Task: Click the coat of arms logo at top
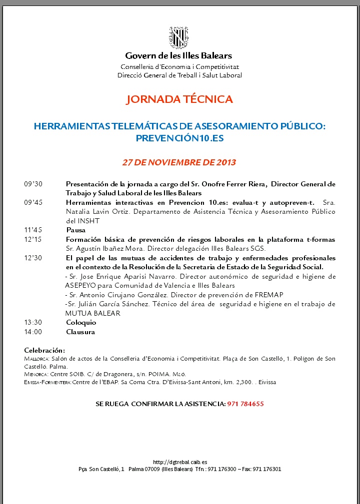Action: [x=179, y=37]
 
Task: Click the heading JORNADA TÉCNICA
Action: [x=179, y=99]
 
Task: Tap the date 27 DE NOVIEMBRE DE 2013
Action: [x=179, y=162]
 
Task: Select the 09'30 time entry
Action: [x=33, y=184]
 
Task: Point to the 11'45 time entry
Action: [x=33, y=230]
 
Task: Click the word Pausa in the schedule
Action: [x=76, y=230]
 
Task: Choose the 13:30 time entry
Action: [x=33, y=322]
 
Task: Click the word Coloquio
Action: [x=81, y=322]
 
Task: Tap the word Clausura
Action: [x=80, y=332]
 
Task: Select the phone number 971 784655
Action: [x=245, y=404]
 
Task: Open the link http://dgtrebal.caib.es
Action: [x=180, y=462]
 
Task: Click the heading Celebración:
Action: [x=44, y=350]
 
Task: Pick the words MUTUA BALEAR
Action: [x=93, y=313]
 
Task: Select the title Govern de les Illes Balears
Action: [x=179, y=56]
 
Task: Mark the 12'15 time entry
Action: [x=33, y=240]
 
